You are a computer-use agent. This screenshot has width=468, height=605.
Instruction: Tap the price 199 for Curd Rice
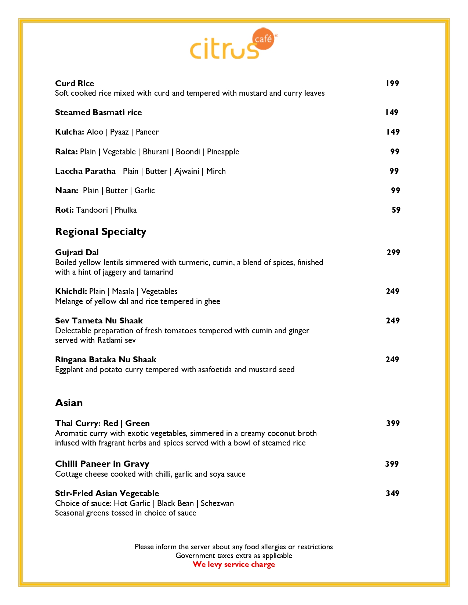click(392, 84)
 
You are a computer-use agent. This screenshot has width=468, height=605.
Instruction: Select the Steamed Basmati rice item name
click(98, 113)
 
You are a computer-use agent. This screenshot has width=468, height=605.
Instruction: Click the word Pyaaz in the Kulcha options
click(119, 132)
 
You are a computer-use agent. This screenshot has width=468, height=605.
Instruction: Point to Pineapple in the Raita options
click(223, 152)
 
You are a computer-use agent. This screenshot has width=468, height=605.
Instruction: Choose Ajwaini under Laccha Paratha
click(186, 171)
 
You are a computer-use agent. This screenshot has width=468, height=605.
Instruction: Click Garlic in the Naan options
click(145, 191)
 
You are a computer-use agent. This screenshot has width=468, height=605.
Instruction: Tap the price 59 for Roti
click(396, 210)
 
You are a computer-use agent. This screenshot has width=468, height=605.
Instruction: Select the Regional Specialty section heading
click(101, 232)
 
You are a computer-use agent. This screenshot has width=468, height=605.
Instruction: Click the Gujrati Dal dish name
click(77, 253)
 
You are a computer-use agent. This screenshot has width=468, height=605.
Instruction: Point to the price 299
click(393, 253)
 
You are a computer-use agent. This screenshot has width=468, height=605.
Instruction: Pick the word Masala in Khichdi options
click(123, 291)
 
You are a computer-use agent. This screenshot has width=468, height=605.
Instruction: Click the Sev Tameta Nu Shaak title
click(99, 321)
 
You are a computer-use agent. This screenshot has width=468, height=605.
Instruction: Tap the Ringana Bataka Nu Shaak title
click(106, 360)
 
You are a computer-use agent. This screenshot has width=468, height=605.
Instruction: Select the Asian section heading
click(69, 403)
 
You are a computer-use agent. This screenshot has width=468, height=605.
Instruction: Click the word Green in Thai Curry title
click(137, 423)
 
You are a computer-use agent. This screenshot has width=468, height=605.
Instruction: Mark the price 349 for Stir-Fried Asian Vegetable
click(392, 494)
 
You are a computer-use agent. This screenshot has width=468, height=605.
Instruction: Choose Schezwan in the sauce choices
click(217, 503)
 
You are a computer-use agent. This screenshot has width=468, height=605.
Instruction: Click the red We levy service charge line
click(234, 565)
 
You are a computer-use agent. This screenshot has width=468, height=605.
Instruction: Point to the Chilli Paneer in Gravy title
click(102, 464)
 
